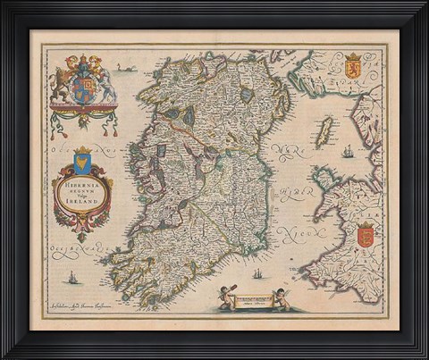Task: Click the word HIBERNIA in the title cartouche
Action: pyautogui.click(x=81, y=176)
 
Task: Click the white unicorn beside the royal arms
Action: pyautogui.click(x=105, y=81)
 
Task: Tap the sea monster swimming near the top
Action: pyautogui.click(x=128, y=68)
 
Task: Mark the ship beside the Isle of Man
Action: pyautogui.click(x=347, y=151)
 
